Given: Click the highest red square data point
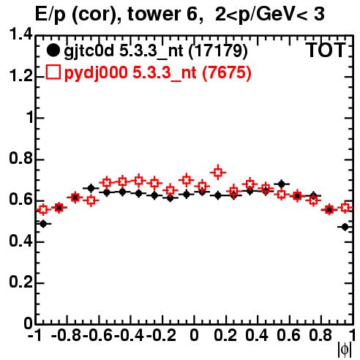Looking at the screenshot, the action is coord(218,173).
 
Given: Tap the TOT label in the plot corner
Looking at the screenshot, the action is coord(326,50).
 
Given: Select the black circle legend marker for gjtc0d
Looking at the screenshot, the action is coord(53,50).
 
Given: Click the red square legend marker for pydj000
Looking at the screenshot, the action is coord(53,72).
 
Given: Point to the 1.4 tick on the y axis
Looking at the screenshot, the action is coord(20,34).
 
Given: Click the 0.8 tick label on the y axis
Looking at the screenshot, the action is coord(20,158).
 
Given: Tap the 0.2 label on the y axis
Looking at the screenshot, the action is coord(20,282).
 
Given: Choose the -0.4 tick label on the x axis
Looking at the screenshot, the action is coord(129,335).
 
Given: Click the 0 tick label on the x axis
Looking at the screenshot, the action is coord(194,335).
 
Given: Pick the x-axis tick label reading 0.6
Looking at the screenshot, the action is coord(288,335).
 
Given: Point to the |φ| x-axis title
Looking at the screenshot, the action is coord(345,350).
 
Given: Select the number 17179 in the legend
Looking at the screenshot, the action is coord(218,50).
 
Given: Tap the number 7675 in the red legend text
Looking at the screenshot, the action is coord(227,72).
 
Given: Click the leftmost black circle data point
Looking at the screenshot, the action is coord(43,224).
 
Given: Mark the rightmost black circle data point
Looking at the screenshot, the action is coord(345,227).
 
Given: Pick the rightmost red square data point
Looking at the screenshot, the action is coord(345,208).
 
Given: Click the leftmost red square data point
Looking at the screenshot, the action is coord(43,209).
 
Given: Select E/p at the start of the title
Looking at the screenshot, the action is coord(50,15).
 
